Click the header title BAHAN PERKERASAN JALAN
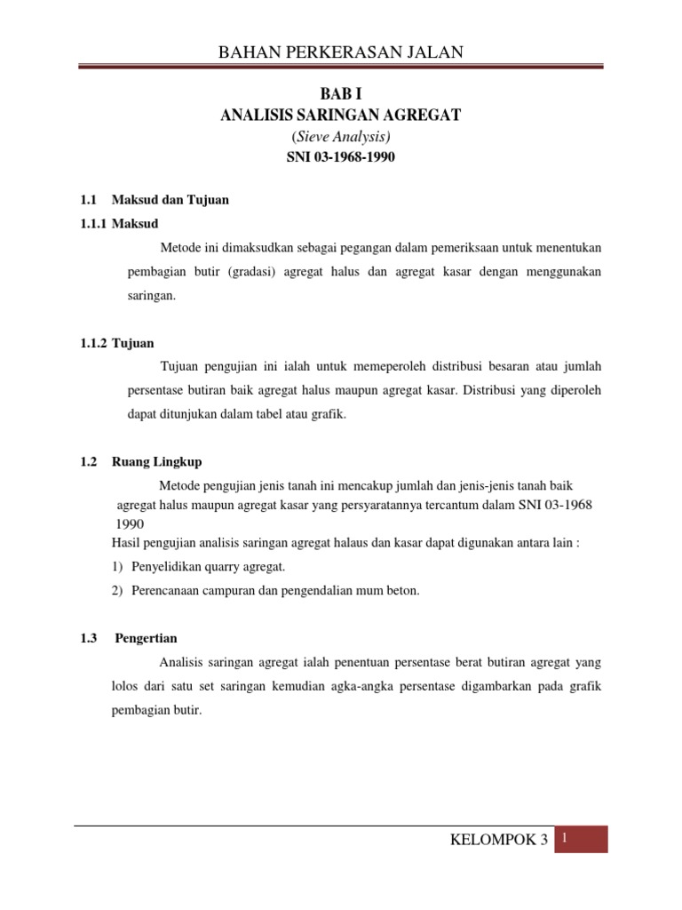tap(341, 52)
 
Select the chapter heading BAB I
tap(341, 94)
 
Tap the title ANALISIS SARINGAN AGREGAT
tap(341, 116)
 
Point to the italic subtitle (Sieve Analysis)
tap(341, 137)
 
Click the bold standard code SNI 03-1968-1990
tap(341, 158)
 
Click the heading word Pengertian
tap(146, 638)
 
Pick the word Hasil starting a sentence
tap(125, 543)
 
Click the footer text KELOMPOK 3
tap(500, 841)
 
